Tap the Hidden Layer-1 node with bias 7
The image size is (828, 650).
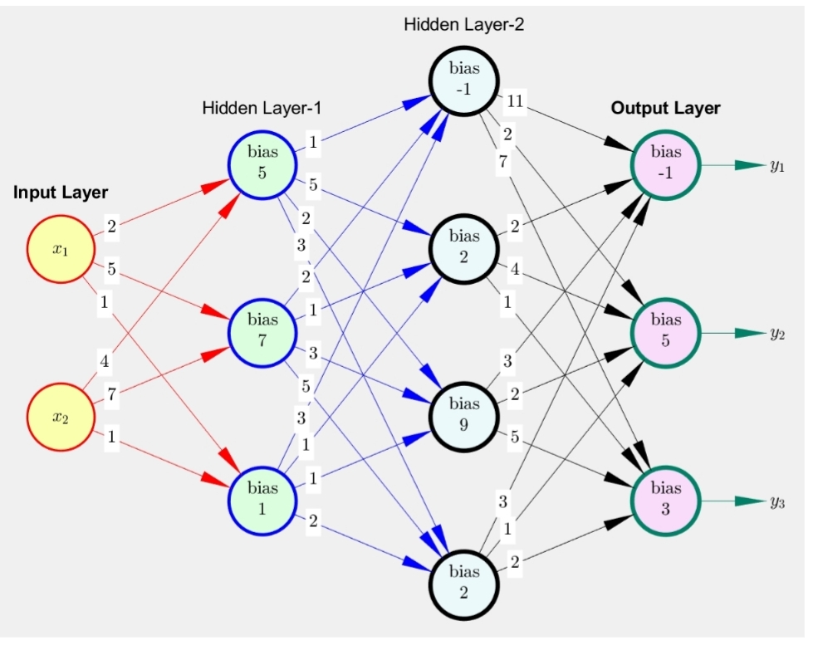[262, 329]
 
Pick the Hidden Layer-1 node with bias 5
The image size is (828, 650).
[262, 163]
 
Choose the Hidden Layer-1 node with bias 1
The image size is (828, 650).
[262, 498]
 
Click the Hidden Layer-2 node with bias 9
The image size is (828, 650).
[463, 414]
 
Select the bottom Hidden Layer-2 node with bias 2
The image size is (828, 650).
[463, 582]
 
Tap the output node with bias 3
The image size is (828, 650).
[665, 499]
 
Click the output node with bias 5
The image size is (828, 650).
[665, 330]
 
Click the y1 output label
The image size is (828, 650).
[777, 166]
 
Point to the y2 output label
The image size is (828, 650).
[777, 334]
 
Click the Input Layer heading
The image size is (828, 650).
[61, 193]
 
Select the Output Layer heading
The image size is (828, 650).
[665, 108]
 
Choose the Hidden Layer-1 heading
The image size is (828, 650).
[261, 108]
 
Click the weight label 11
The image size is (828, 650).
[514, 102]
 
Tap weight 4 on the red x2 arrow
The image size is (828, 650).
[105, 361]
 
